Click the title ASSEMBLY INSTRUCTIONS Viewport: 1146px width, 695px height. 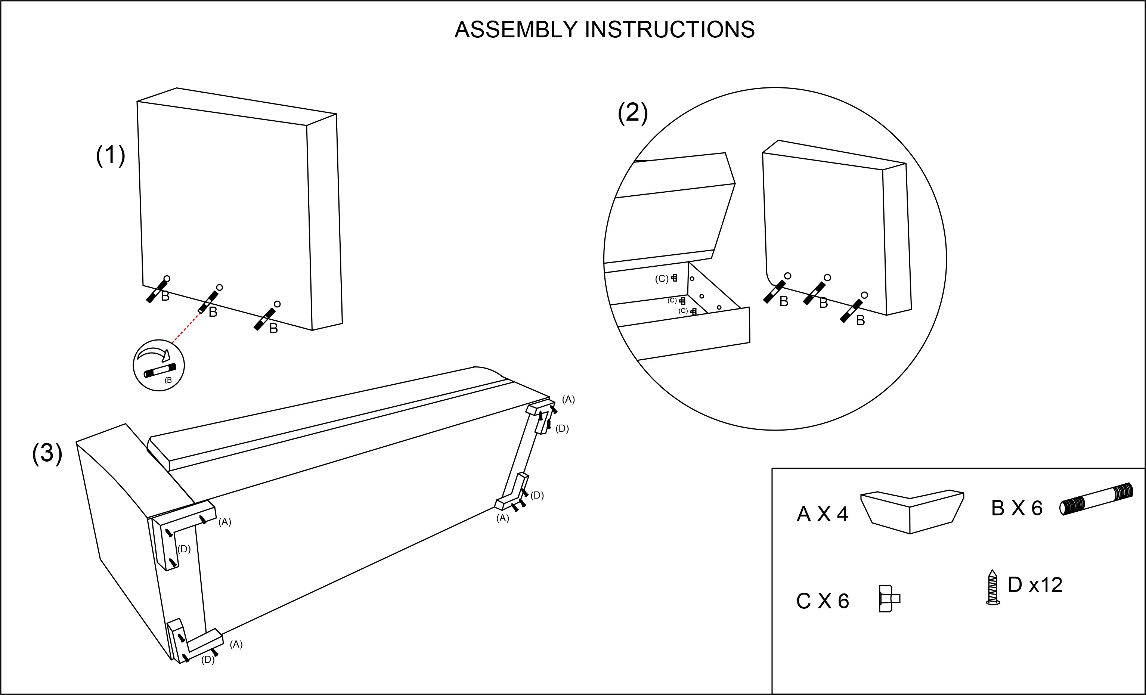[x=604, y=30]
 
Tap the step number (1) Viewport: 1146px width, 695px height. [x=111, y=155]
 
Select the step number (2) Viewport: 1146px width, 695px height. [x=632, y=113]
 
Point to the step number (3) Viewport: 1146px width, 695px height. [x=47, y=453]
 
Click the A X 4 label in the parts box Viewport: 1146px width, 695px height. [x=822, y=514]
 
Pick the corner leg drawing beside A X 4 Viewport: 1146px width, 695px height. [x=911, y=511]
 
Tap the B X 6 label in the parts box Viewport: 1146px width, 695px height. [x=1017, y=508]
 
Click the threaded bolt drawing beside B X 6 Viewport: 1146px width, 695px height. [x=1097, y=499]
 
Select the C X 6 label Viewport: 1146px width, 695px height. [x=822, y=601]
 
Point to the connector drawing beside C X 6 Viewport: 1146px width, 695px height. [x=888, y=598]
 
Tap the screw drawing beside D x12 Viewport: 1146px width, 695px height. [x=992, y=587]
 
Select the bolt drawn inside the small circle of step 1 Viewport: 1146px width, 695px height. [x=159, y=370]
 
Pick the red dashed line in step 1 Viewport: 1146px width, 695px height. [x=186, y=328]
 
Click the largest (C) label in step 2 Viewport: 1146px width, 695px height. [x=662, y=279]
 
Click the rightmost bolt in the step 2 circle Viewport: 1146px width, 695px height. [x=852, y=311]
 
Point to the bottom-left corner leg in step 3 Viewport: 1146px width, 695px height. [x=193, y=642]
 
